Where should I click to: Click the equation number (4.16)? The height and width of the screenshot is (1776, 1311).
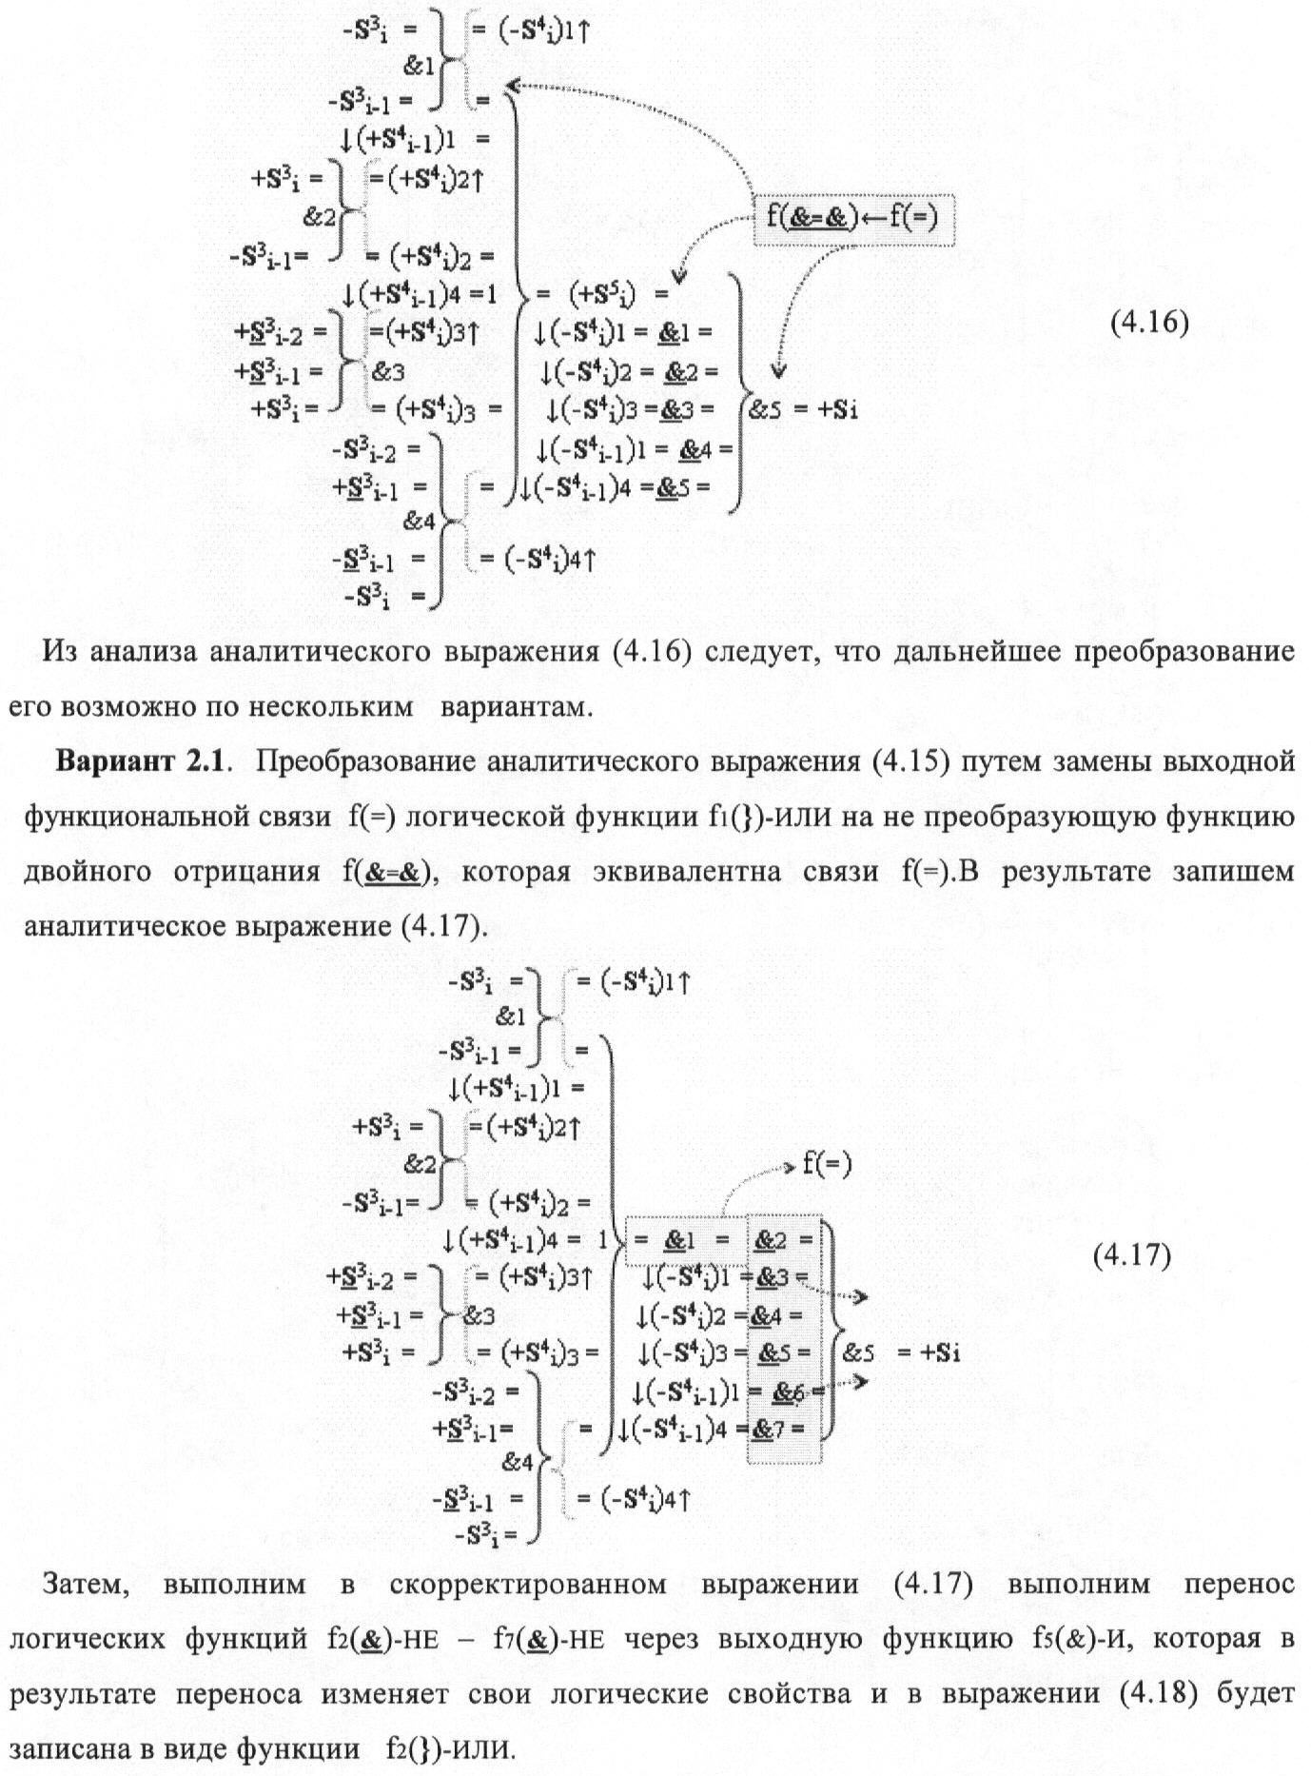coord(1149,323)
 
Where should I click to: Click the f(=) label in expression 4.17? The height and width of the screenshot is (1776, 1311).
coord(827,1162)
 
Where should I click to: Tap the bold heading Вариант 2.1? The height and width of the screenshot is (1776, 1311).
coord(145,761)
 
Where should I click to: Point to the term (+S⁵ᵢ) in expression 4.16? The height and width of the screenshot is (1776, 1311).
coord(604,294)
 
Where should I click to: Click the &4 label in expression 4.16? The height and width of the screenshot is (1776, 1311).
coord(420,522)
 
